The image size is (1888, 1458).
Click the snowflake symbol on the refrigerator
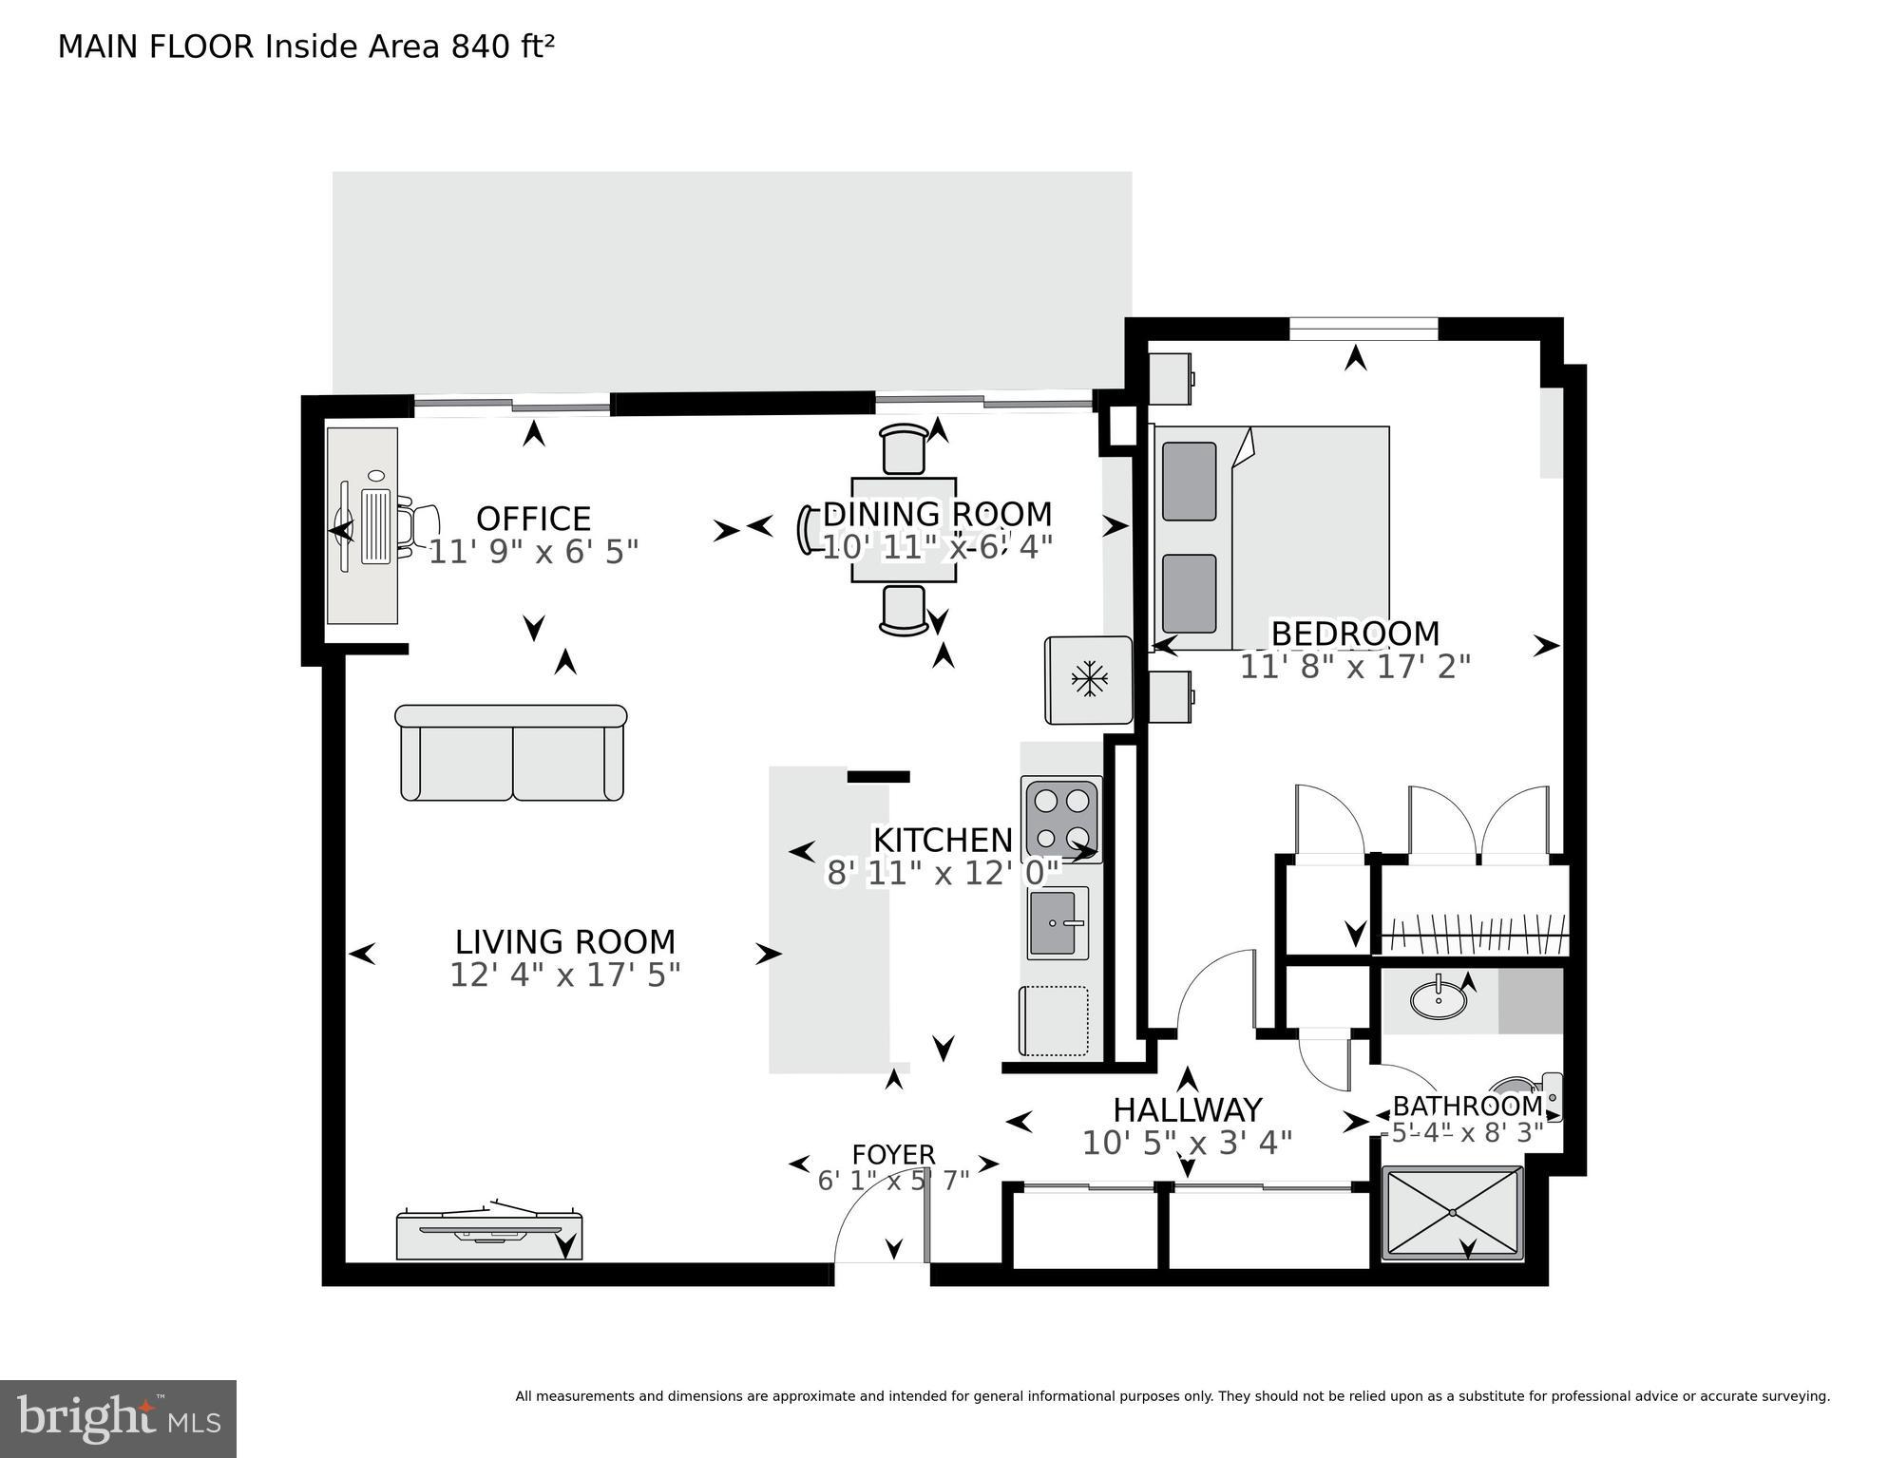coord(1089,678)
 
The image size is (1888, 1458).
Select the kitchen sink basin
coord(1058,923)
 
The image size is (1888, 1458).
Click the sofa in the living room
coord(511,755)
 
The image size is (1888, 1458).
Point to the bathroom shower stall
coord(1453,1213)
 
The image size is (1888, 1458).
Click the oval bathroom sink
coord(1437,1000)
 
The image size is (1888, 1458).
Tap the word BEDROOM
coord(1355,634)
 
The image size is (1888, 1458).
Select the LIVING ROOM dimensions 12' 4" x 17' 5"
coord(564,975)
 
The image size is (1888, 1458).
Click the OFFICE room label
coord(533,519)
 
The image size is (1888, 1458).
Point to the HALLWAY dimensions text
coord(1187,1143)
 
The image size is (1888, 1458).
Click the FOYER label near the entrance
coord(893,1155)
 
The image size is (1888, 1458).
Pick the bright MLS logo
coord(118,1418)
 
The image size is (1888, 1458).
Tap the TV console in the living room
coord(488,1236)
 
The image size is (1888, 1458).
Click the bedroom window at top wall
coord(1364,330)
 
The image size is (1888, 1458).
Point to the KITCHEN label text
coord(943,841)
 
